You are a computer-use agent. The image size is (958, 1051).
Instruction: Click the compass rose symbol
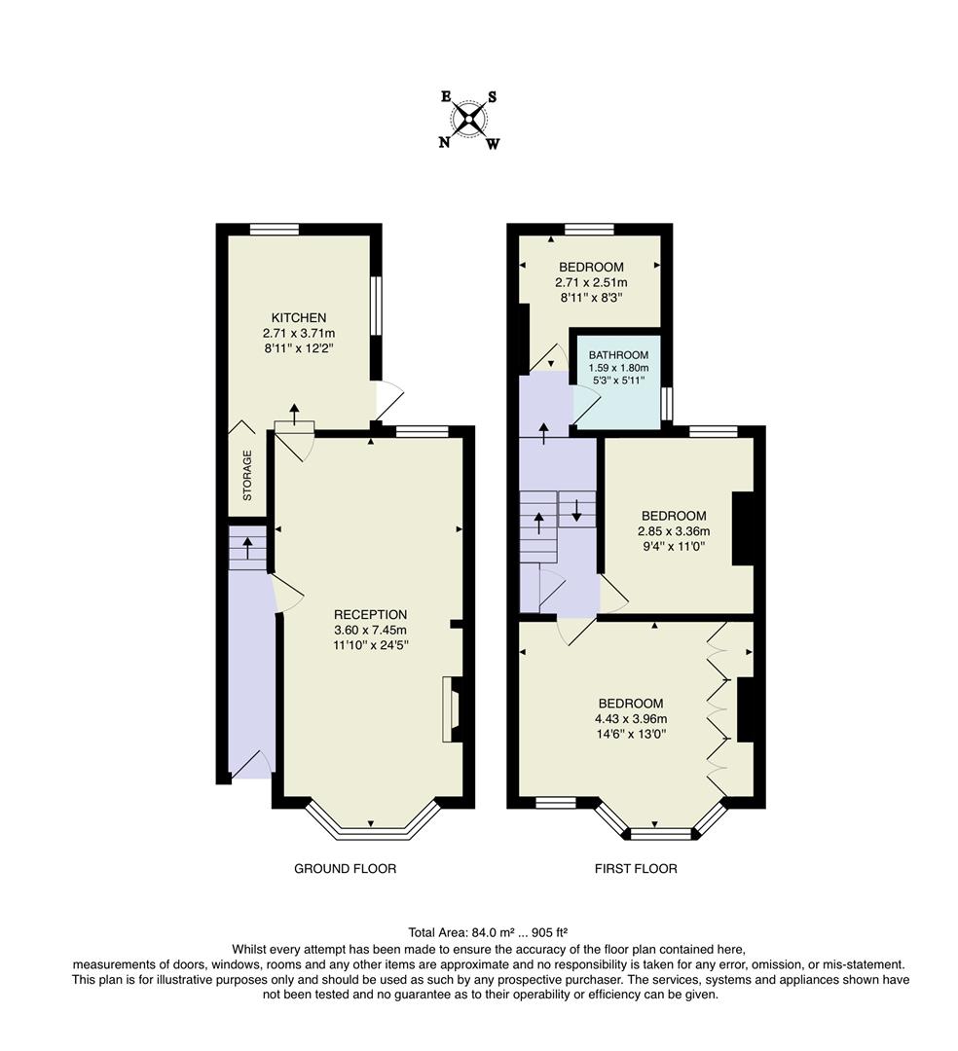coord(469,120)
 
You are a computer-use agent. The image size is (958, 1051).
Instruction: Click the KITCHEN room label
coord(298,318)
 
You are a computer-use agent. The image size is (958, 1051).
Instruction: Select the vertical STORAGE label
coord(247,475)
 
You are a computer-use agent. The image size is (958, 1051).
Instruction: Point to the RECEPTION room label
coord(370,614)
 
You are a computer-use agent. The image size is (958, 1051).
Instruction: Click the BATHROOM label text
coord(618,355)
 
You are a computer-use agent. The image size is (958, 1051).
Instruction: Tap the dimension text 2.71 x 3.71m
coord(298,334)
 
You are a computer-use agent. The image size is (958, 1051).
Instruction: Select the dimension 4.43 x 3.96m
coord(631,719)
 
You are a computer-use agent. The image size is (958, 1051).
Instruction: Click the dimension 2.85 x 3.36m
coord(674,531)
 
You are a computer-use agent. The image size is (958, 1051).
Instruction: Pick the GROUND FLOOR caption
coord(345,868)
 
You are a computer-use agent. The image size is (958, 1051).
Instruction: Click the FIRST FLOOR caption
coord(636,868)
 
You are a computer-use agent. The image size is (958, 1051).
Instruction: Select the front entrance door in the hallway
coord(251,767)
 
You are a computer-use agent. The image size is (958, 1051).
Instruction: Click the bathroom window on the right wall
coord(667,404)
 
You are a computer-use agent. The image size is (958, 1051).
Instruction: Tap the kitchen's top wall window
coord(274,230)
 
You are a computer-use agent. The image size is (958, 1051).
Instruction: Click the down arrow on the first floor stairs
coord(576,509)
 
